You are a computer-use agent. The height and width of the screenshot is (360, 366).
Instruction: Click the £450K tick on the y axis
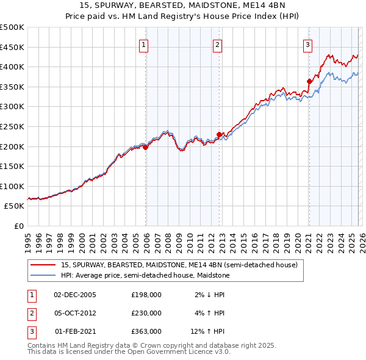tap(12, 47)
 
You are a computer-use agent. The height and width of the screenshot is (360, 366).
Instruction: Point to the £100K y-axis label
tap(12, 186)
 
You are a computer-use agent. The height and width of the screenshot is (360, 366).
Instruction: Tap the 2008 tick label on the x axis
tap(168, 238)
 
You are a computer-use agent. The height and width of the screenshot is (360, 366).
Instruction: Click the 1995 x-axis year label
tap(28, 238)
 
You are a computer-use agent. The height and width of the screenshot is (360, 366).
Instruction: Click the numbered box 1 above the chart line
tap(143, 44)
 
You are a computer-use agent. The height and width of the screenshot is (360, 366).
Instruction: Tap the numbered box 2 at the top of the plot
tap(217, 44)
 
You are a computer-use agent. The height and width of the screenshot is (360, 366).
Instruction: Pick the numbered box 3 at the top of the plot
tap(307, 44)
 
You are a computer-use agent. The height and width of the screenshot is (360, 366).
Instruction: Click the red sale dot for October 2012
tap(219, 134)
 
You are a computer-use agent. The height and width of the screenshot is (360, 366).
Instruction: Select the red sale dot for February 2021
tap(309, 81)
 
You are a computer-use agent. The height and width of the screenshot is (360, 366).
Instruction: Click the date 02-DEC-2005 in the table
tap(75, 294)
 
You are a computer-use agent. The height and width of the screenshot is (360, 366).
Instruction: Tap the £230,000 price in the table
tap(146, 313)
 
